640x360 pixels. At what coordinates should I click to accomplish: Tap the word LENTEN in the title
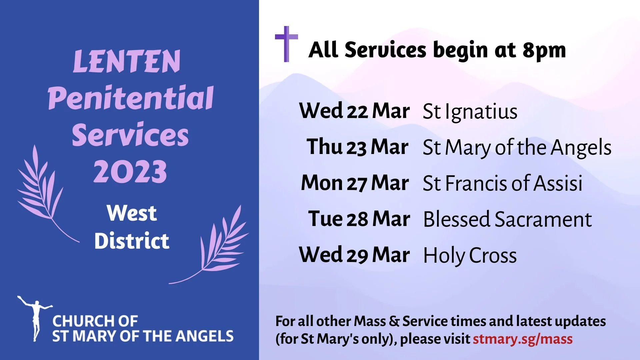click(127, 61)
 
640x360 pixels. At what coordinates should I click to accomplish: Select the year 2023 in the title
click(130, 172)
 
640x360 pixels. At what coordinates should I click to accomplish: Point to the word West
click(132, 213)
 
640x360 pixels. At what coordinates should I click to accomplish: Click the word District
click(132, 241)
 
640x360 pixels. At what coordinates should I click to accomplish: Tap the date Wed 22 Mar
click(354, 111)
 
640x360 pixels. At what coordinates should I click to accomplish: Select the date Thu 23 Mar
click(357, 147)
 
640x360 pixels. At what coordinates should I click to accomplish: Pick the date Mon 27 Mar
click(355, 183)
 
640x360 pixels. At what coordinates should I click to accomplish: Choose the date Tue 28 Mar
click(359, 219)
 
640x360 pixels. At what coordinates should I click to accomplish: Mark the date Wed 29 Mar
click(354, 255)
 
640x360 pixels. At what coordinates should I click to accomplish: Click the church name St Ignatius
click(470, 112)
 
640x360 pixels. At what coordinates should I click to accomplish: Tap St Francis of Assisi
click(502, 183)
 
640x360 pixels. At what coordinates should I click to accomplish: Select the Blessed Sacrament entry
click(507, 219)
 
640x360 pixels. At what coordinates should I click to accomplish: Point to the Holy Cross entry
click(470, 256)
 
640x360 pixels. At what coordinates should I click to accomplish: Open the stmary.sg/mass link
click(522, 339)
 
